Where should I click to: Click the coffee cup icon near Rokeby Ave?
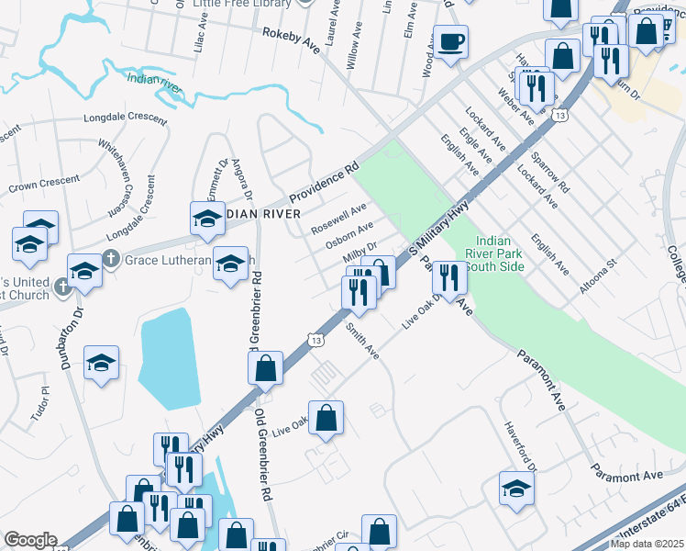click(x=450, y=43)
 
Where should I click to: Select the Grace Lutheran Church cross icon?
click(x=111, y=259)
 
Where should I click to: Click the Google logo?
click(x=31, y=540)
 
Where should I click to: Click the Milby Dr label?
click(x=360, y=253)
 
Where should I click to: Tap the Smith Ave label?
click(x=363, y=340)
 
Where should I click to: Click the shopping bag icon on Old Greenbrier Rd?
click(x=265, y=368)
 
